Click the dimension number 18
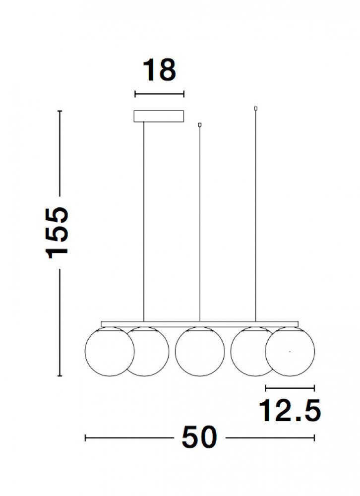(x=159, y=70)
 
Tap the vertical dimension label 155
(x=57, y=233)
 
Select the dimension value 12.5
(x=290, y=410)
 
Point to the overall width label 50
(x=200, y=437)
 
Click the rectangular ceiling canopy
(x=159, y=116)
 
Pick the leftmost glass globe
(x=110, y=352)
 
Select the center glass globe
(x=200, y=352)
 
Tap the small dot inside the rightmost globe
(x=290, y=352)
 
